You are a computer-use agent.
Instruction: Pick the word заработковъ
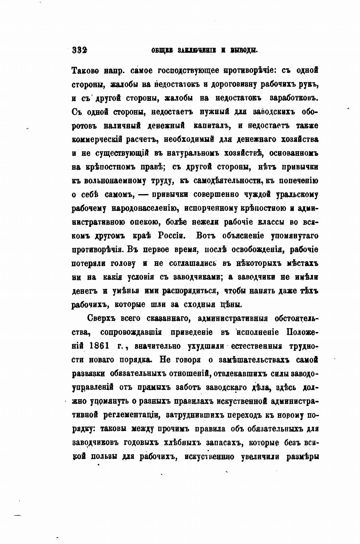(x=293, y=98)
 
